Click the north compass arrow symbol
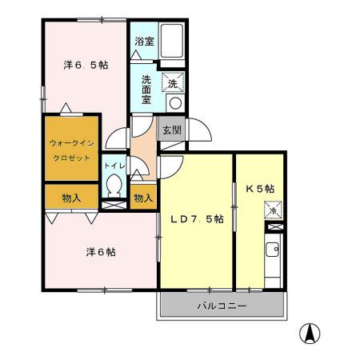click(x=310, y=334)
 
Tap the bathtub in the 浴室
click(x=172, y=41)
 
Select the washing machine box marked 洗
click(x=173, y=82)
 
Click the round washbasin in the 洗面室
click(x=175, y=103)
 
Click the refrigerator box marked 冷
click(x=273, y=210)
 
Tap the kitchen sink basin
click(x=272, y=250)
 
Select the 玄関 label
click(x=172, y=130)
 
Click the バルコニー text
click(x=222, y=306)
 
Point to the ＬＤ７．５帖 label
click(x=197, y=219)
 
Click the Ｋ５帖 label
click(x=260, y=189)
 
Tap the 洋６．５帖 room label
click(x=86, y=65)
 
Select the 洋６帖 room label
click(x=101, y=252)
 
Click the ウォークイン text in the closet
click(x=72, y=143)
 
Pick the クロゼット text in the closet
click(x=72, y=158)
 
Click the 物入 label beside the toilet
click(x=143, y=198)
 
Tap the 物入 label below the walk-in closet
click(x=71, y=198)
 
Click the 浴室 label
click(x=144, y=42)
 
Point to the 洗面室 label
click(x=146, y=90)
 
